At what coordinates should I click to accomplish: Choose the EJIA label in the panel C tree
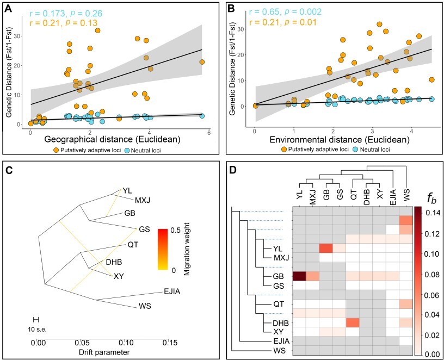[x=170, y=292]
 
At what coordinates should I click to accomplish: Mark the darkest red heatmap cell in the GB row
[x=299, y=276]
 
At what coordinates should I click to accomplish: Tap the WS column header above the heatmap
[x=405, y=195]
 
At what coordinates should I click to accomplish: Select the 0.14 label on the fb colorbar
[x=432, y=212]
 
